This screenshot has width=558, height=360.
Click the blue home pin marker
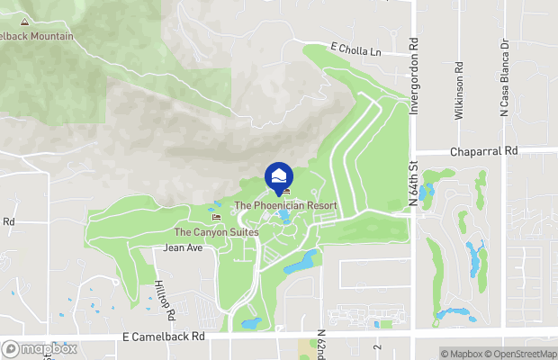279,175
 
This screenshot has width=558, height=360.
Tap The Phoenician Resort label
285,205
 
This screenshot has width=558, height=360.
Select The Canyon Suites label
217,231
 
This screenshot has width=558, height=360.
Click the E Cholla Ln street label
356,52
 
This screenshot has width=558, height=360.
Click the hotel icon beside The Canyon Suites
215,217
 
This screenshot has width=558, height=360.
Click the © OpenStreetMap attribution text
525,353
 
